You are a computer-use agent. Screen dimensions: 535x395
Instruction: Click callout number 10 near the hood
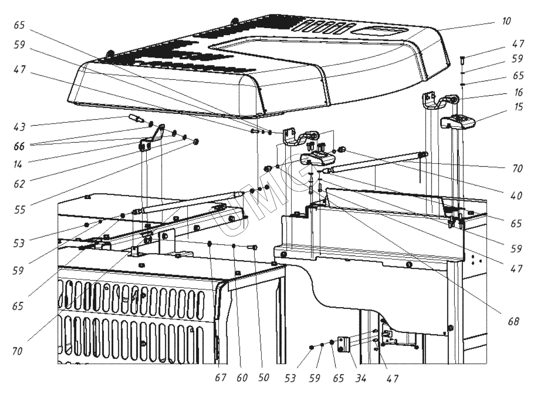(506, 21)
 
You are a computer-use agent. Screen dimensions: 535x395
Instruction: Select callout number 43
(19, 127)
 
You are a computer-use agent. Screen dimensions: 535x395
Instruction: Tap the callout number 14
(18, 164)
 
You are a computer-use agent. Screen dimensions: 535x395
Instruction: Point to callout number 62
(19, 184)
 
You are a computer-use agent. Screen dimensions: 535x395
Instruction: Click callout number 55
(19, 210)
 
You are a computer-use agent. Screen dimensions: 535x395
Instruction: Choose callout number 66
(19, 146)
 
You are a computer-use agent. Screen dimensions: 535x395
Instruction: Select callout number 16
(518, 92)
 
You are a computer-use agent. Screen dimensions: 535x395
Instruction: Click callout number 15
(518, 107)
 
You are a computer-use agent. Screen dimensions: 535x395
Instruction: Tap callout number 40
(516, 196)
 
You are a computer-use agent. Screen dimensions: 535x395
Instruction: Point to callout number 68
(514, 321)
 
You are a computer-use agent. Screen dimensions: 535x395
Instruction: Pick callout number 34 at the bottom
(361, 378)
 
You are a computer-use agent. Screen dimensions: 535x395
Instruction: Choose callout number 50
(263, 378)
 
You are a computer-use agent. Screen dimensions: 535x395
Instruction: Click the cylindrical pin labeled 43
(136, 118)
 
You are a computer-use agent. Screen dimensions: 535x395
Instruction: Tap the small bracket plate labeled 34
(344, 344)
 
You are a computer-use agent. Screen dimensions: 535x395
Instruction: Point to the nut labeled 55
(196, 142)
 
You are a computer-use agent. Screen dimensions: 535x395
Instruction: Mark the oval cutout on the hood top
(380, 31)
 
